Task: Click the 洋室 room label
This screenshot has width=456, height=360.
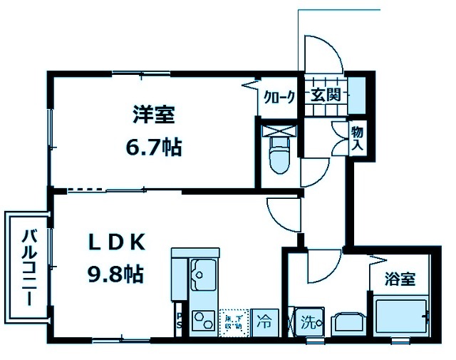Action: [x=152, y=114]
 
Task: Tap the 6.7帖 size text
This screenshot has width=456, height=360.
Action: [x=152, y=148]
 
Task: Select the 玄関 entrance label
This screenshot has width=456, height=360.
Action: [x=326, y=94]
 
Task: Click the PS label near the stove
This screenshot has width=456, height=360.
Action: [x=180, y=320]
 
